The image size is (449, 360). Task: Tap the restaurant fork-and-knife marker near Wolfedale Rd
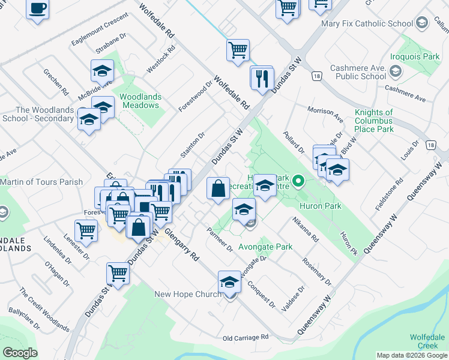262,79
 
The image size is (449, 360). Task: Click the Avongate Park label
265,247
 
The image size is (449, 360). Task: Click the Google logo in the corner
20,353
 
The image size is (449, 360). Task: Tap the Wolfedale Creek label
427,341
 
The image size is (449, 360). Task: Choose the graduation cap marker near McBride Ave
103,71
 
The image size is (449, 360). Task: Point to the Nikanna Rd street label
306,230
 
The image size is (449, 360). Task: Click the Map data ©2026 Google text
412,355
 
